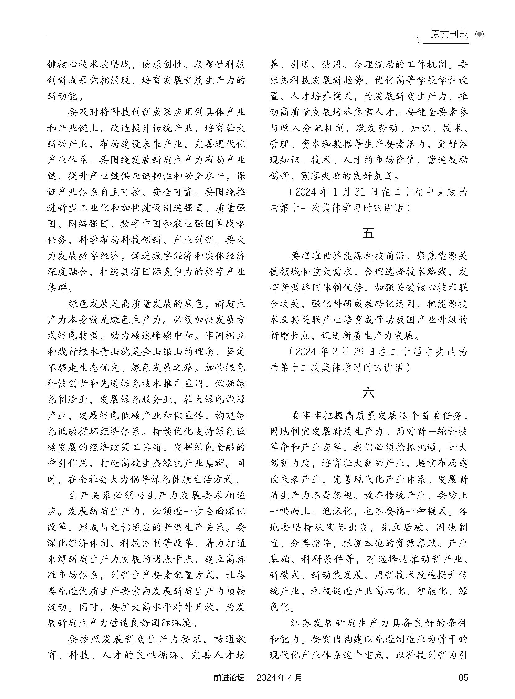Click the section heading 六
pyautogui.click(x=368, y=393)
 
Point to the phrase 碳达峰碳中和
pyautogui.click(x=162, y=336)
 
